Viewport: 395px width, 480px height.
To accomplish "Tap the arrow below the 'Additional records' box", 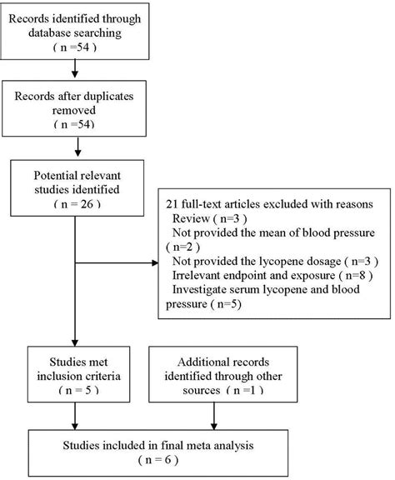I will point(214,413).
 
